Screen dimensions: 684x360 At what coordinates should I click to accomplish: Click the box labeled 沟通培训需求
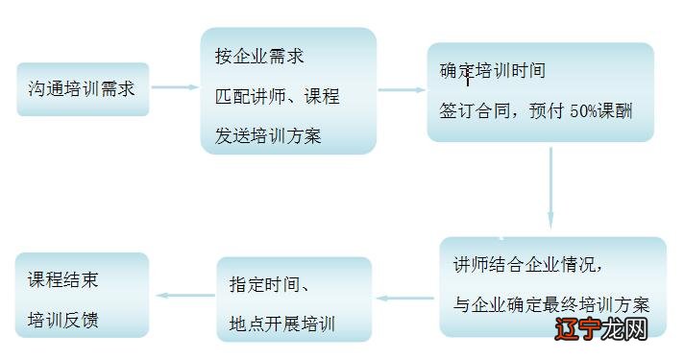coord(83,89)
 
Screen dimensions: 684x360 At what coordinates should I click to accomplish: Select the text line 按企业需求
coord(259,57)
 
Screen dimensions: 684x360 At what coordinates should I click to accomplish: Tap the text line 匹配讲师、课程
coord(277,97)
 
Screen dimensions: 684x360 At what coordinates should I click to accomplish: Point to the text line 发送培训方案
coord(268,136)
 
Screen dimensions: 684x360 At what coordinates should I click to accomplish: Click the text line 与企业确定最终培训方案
coord(551,305)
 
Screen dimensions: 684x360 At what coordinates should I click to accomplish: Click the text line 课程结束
coord(63,280)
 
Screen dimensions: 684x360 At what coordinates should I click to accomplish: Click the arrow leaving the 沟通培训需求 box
coord(175,88)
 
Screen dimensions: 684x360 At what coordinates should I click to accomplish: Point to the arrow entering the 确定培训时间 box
coord(402,90)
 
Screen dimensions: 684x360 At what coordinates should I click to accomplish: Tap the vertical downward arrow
coord(551,187)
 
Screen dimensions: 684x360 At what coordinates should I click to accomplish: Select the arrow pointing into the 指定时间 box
coord(405,298)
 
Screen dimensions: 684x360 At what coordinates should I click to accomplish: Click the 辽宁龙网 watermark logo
coord(610,329)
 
